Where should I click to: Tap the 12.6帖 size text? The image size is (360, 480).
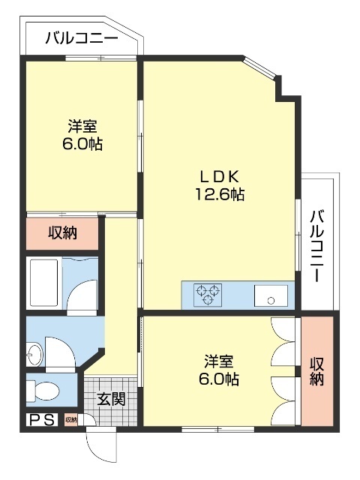click(218, 195)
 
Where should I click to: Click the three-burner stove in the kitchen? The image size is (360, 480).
click(208, 295)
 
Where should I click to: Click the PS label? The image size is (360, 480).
click(42, 420)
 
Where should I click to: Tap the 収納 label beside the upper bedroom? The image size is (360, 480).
click(63, 232)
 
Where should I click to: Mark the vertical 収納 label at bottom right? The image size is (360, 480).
click(316, 370)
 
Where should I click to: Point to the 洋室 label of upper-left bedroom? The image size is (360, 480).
click(82, 126)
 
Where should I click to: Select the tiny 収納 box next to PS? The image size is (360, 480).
click(70, 420)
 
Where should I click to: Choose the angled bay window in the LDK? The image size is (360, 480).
click(262, 70)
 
